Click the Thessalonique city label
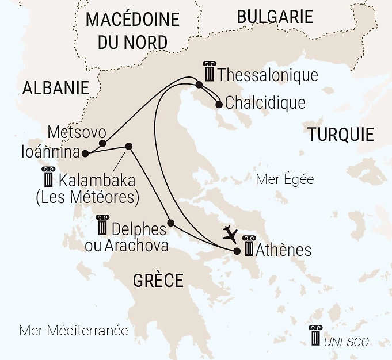pyautogui.click(x=268, y=75)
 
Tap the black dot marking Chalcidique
pyautogui.click(x=219, y=105)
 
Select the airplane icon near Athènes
pyautogui.click(x=230, y=233)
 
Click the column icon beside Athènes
pyautogui.click(x=249, y=246)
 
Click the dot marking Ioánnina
pyautogui.click(x=85, y=154)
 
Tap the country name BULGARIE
pyautogui.click(x=275, y=17)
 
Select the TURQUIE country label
pyautogui.click(x=341, y=135)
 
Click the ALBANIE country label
pyautogui.click(x=56, y=88)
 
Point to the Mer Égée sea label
pyautogui.click(x=284, y=179)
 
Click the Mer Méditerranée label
pyautogui.click(x=73, y=331)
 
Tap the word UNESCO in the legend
pyautogui.click(x=346, y=342)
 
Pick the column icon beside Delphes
pyautogui.click(x=102, y=225)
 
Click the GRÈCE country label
pyautogui.click(x=158, y=281)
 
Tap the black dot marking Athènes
pyautogui.click(x=237, y=251)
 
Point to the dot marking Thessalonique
pyautogui.click(x=199, y=85)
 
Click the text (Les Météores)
pyautogui.click(x=87, y=197)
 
